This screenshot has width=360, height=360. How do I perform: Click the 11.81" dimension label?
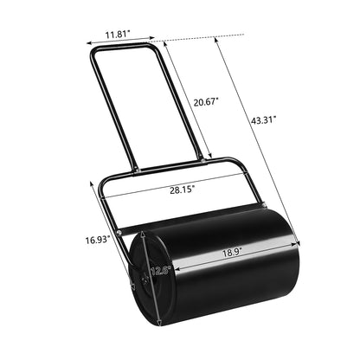pos(119,35)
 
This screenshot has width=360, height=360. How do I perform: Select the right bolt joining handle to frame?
pos(202,157)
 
